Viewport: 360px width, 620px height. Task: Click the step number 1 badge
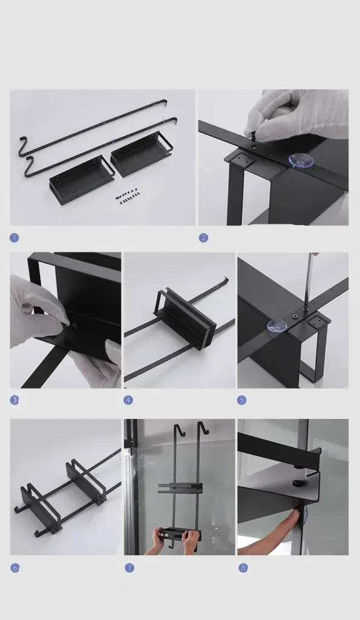point(15,237)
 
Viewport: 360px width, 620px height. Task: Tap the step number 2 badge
point(203,237)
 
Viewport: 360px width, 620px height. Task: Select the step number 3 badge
point(15,400)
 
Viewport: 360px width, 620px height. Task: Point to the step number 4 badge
point(128,400)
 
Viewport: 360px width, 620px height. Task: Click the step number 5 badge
point(242,400)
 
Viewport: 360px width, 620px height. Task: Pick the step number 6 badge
point(15,568)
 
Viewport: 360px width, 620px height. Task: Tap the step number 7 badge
point(129,568)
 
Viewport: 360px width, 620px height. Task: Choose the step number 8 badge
point(243,568)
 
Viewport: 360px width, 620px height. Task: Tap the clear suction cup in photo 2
point(299,161)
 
